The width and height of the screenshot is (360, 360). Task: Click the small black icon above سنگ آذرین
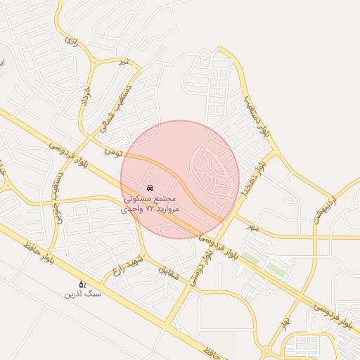(x=82, y=284)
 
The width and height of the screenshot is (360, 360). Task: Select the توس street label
(x=112, y=150)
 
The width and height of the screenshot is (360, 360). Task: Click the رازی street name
(x=70, y=41)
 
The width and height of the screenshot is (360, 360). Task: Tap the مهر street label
(x=252, y=228)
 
